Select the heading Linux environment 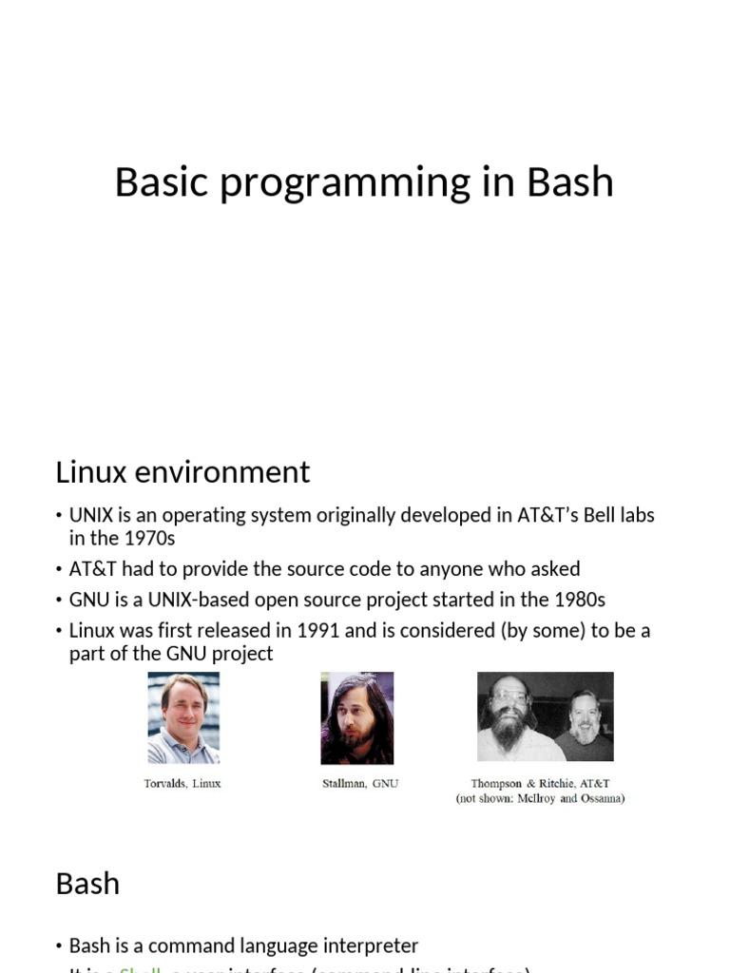coord(182,472)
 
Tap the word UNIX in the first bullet coord(91,516)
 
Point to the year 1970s coord(144,539)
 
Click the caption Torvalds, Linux coord(182,784)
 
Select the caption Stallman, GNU coord(360,784)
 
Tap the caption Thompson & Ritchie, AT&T coord(540,784)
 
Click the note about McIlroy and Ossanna coord(540,799)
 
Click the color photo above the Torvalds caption coord(183,718)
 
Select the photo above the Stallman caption coord(357,718)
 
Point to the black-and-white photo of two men coord(545,716)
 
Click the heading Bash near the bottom coord(87,884)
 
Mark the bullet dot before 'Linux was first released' coord(60,631)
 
